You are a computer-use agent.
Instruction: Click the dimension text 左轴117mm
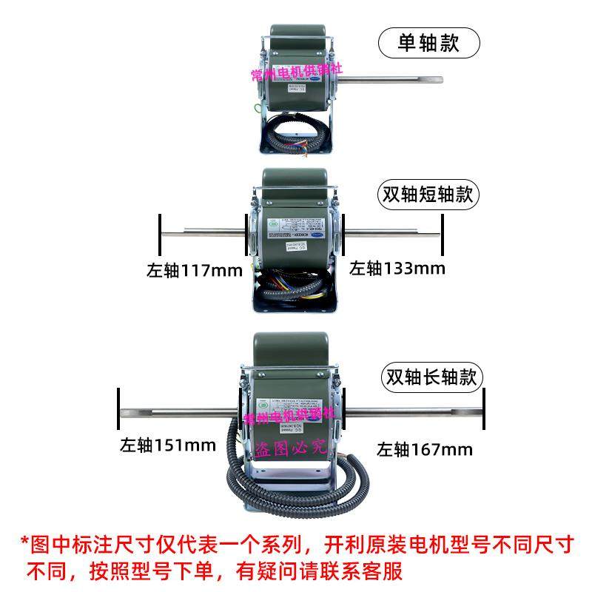194,270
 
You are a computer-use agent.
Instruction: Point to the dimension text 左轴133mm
397,268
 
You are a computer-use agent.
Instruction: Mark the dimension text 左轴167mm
424,448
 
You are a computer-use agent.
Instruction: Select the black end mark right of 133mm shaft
443,235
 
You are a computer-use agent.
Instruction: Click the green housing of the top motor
296,44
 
